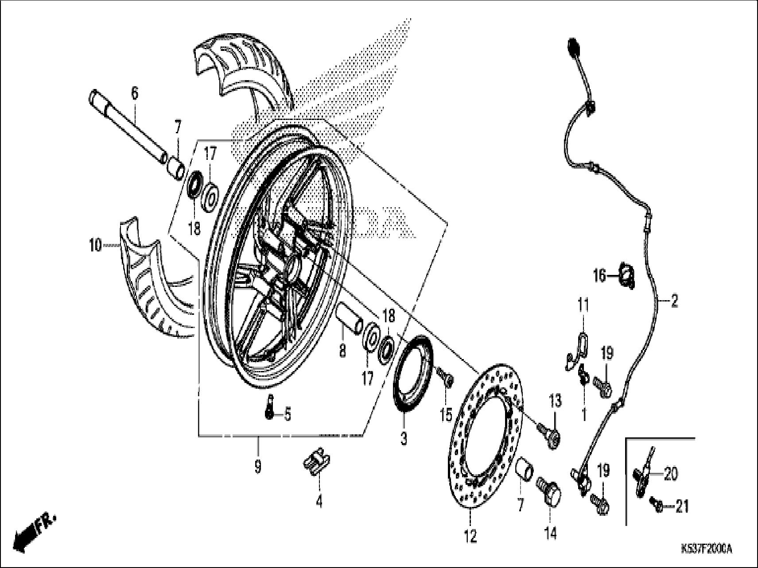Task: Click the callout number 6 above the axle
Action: coord(134,94)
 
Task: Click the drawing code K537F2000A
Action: coord(706,549)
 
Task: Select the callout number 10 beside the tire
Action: coord(95,245)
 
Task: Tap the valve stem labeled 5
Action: coord(269,406)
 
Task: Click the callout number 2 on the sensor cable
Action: coord(674,302)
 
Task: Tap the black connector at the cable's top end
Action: coord(574,46)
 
